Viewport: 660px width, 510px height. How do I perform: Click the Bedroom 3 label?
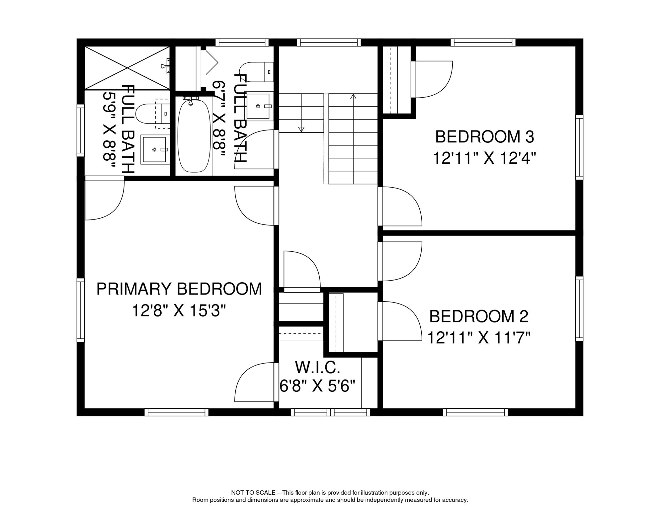click(x=484, y=137)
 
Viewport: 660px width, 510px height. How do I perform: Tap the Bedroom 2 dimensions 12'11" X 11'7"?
click(x=478, y=338)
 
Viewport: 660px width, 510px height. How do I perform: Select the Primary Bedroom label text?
click(x=179, y=289)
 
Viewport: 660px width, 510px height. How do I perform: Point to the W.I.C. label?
click(x=317, y=368)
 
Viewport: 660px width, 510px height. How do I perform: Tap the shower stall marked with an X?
click(x=127, y=68)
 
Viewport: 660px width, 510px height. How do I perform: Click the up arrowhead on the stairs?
click(x=353, y=97)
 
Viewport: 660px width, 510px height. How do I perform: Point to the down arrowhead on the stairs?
click(x=301, y=129)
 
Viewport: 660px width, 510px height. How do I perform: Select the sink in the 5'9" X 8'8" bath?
click(x=154, y=149)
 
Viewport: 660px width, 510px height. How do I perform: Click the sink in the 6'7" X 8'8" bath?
click(x=258, y=106)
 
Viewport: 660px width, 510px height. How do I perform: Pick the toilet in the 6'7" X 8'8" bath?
click(x=256, y=72)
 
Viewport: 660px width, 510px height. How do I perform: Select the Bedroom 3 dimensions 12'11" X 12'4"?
click(x=484, y=158)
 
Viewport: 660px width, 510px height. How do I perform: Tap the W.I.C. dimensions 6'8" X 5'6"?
click(x=317, y=386)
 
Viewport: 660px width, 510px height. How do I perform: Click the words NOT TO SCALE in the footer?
click(x=253, y=493)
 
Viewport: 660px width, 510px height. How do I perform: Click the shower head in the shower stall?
click(x=165, y=66)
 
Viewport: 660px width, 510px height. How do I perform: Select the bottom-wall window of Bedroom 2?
click(x=475, y=412)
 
